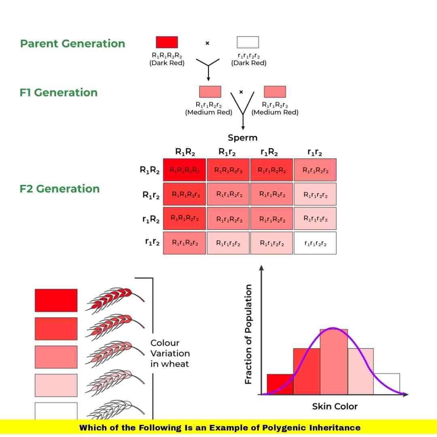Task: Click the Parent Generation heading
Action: click(x=73, y=44)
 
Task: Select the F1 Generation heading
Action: click(x=59, y=93)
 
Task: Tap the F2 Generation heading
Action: click(x=59, y=189)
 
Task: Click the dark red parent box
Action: click(x=167, y=42)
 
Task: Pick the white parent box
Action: click(x=248, y=42)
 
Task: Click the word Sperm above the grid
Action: click(x=242, y=138)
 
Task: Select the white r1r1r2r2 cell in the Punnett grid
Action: click(x=315, y=243)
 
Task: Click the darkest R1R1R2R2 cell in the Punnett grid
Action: click(x=185, y=170)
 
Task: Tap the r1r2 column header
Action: click(x=315, y=153)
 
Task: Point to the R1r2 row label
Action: click(x=151, y=195)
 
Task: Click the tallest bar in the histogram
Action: click(x=333, y=362)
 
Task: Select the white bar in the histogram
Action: click(x=386, y=383)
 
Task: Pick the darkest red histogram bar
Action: click(x=280, y=384)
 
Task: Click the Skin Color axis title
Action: click(x=335, y=406)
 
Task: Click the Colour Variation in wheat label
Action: click(x=170, y=353)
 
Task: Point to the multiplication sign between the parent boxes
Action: click(x=207, y=43)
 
